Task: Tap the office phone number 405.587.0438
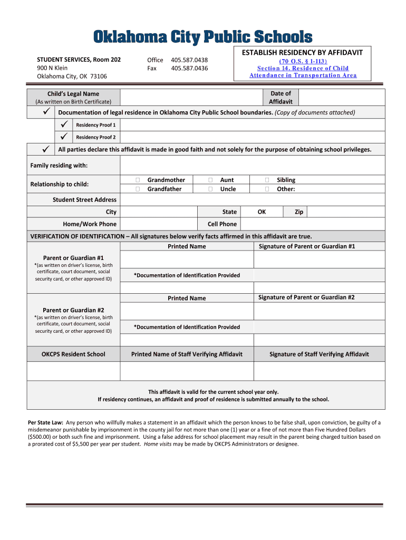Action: click(x=189, y=60)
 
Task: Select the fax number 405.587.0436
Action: click(x=189, y=68)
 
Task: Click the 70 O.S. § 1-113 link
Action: click(x=303, y=61)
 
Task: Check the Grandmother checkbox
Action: click(x=138, y=180)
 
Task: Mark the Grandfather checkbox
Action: click(x=138, y=189)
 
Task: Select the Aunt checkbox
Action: click(x=210, y=180)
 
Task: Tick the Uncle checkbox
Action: click(x=210, y=189)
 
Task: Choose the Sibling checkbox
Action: click(x=267, y=180)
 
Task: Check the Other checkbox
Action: click(x=267, y=189)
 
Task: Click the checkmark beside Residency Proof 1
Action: click(x=64, y=125)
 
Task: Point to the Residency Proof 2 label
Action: click(x=95, y=137)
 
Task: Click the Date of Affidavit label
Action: click(x=281, y=98)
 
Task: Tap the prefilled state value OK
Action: click(x=262, y=212)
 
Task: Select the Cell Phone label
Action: click(x=222, y=224)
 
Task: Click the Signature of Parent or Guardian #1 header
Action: click(x=307, y=246)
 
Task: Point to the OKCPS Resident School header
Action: click(x=73, y=354)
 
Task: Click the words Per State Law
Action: click(x=45, y=423)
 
